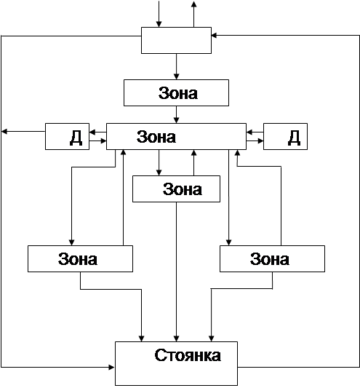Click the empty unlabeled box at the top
[x=176, y=40]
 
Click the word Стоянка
[x=188, y=355]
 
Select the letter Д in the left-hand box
[x=76, y=138]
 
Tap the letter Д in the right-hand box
[x=294, y=138]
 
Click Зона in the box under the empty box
[x=178, y=93]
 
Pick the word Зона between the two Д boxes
[x=156, y=137]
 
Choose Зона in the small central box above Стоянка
[x=183, y=189]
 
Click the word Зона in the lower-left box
[x=78, y=259]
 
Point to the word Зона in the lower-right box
[x=270, y=259]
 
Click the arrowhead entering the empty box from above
[x=159, y=24]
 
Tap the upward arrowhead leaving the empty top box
[x=194, y=4]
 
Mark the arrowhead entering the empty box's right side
[x=215, y=36]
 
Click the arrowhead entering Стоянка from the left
[x=112, y=367]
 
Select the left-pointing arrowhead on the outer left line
[x=4, y=131]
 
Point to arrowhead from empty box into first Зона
[x=176, y=76]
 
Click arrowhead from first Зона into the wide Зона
[x=176, y=120]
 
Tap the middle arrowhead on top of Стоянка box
[x=176, y=338]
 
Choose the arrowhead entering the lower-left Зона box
[x=72, y=242]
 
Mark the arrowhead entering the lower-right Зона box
[x=228, y=242]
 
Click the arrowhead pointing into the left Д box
[x=92, y=132]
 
